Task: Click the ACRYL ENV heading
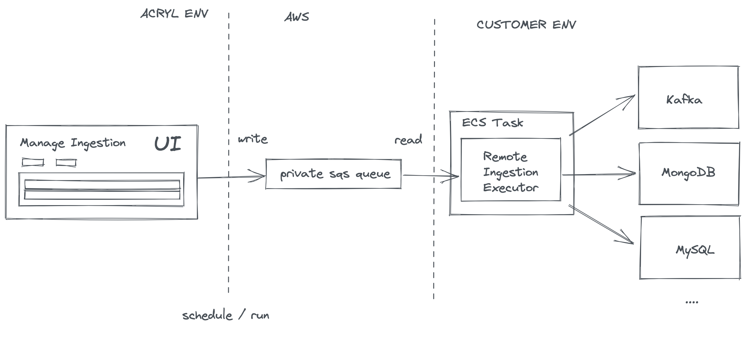[x=174, y=14]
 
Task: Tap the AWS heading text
[x=296, y=17]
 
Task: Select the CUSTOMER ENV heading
[x=526, y=25]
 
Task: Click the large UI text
[x=168, y=144]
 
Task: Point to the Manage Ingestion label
[x=73, y=143]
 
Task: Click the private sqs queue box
[x=333, y=174]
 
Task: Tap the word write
[x=253, y=139]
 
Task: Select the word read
[x=408, y=140]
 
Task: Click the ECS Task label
[x=492, y=123]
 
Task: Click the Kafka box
[x=688, y=98]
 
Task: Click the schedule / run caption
[x=226, y=315]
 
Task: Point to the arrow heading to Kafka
[x=602, y=115]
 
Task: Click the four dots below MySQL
[x=691, y=302]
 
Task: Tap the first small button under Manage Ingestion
[x=33, y=162]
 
